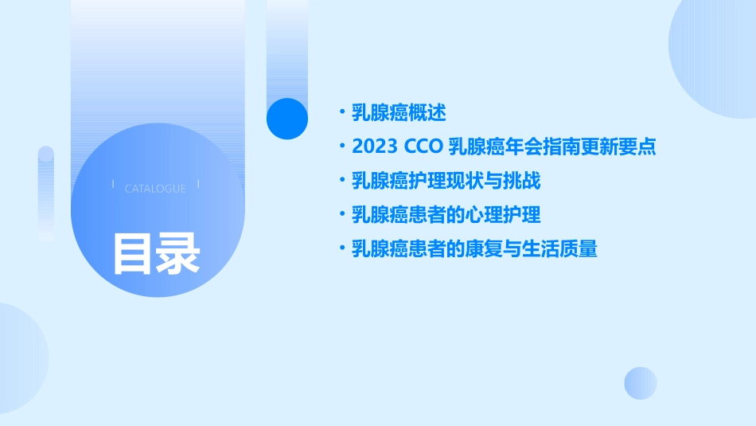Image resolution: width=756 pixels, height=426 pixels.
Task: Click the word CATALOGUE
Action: (x=155, y=189)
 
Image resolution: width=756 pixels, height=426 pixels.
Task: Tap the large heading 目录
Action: (x=155, y=253)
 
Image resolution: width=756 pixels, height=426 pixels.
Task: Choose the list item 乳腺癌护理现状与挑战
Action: (x=446, y=182)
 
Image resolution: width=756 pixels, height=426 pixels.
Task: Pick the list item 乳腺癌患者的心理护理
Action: (x=446, y=215)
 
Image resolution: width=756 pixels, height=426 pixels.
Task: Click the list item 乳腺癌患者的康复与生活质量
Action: (x=474, y=249)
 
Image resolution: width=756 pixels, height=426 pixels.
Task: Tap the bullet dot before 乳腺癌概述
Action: (x=341, y=112)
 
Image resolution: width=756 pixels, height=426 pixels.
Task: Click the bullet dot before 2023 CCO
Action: (x=341, y=147)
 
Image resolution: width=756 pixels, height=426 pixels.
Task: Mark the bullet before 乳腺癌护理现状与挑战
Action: (x=341, y=182)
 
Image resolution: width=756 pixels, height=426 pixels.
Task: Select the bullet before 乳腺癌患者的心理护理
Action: (x=341, y=215)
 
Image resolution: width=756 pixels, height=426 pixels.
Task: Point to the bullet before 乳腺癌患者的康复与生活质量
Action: (x=341, y=249)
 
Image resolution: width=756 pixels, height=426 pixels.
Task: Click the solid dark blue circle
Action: (x=287, y=118)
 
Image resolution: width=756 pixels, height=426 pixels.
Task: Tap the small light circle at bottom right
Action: (x=641, y=383)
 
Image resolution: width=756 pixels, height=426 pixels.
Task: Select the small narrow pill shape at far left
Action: (x=45, y=191)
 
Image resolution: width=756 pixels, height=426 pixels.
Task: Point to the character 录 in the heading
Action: (x=178, y=253)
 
